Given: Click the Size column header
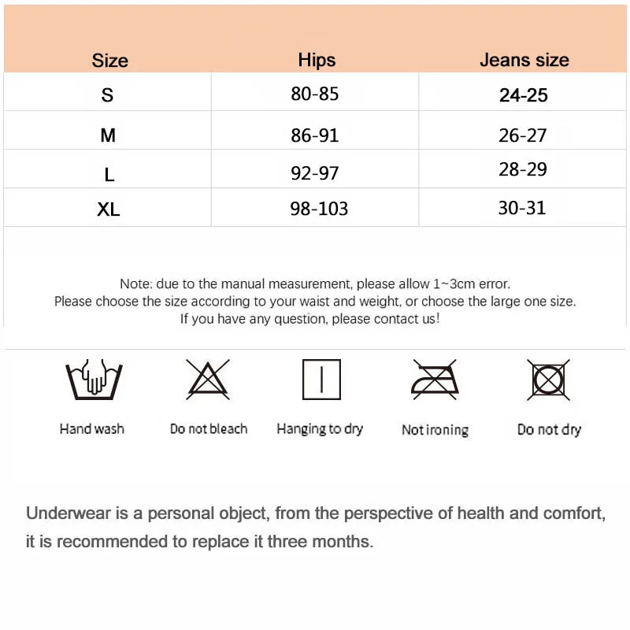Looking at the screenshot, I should (109, 61).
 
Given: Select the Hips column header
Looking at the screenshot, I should (317, 60).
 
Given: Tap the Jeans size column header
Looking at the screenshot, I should (524, 60).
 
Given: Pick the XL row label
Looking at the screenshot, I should (109, 209).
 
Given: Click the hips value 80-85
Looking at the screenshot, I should (315, 94).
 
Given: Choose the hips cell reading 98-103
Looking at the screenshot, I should (319, 209).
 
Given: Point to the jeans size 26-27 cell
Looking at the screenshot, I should (522, 135).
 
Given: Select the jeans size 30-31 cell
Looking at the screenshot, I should (522, 208).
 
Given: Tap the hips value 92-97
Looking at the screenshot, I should (315, 172).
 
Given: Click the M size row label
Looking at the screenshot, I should (108, 135).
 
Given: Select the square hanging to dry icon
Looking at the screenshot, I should (321, 379).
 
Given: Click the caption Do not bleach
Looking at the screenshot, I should (209, 429).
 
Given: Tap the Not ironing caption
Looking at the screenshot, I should (435, 430).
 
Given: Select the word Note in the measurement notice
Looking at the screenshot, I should (135, 283).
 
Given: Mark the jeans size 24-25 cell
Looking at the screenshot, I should (523, 95).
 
